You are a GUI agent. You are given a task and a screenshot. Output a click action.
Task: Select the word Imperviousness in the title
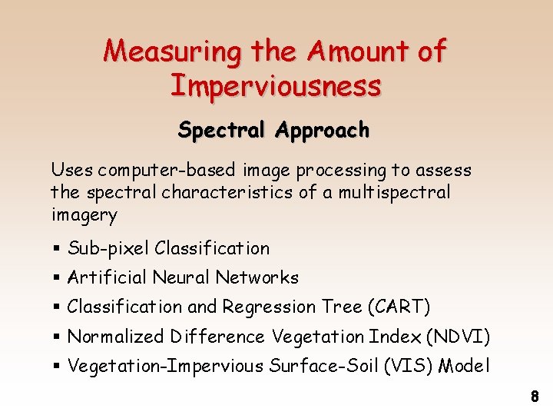(276, 85)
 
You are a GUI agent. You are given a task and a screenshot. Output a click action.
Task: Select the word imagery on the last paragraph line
(84, 214)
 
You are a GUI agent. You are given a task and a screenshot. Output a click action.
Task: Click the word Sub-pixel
(108, 249)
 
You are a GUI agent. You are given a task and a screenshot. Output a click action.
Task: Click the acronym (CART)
(399, 307)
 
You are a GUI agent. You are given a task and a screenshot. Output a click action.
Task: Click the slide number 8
(535, 397)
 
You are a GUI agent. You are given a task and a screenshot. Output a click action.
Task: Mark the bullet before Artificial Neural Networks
(57, 278)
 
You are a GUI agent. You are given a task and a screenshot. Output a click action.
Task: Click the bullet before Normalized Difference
(57, 337)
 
